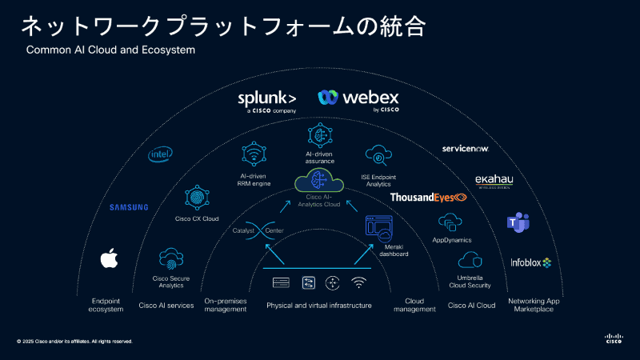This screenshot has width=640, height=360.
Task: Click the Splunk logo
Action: (267, 100)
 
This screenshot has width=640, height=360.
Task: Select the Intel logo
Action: (161, 154)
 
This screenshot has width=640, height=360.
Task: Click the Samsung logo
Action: (129, 207)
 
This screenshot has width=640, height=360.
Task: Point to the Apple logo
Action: (109, 258)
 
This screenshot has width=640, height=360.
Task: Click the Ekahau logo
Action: (494, 181)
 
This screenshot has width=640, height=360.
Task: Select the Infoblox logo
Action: (531, 262)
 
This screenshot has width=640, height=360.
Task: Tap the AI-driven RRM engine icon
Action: (254, 155)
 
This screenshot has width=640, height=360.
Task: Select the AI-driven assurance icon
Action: (318, 134)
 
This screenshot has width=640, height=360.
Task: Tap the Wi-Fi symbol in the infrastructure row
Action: (358, 282)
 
